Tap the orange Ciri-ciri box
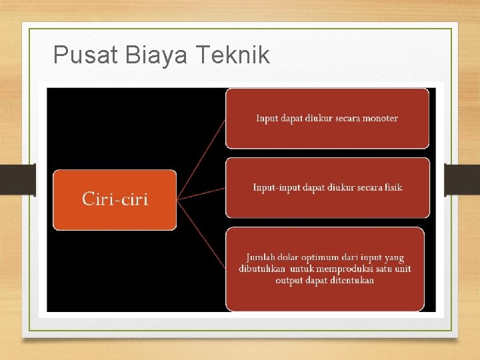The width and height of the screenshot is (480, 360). point(115,199)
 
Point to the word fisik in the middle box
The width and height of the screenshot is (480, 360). point(393,187)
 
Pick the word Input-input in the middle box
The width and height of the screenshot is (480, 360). point(276,187)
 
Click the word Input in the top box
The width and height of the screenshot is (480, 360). point(267,119)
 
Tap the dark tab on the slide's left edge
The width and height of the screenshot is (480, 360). point(17,180)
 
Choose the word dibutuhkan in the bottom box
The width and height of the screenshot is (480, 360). point(263,269)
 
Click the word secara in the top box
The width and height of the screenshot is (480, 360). point(345,119)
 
